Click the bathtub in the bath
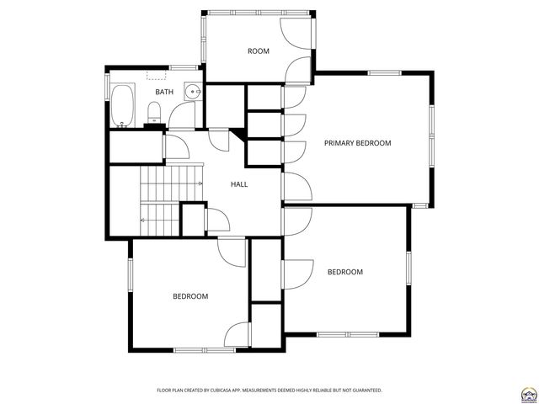click(123, 105)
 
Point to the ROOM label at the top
click(258, 51)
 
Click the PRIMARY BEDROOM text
click(358, 143)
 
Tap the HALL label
click(238, 184)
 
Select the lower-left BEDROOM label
click(190, 296)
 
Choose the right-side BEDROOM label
click(344, 272)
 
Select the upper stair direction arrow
click(199, 183)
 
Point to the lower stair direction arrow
click(144, 221)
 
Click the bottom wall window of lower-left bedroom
click(204, 349)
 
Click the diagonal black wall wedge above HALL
click(238, 133)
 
